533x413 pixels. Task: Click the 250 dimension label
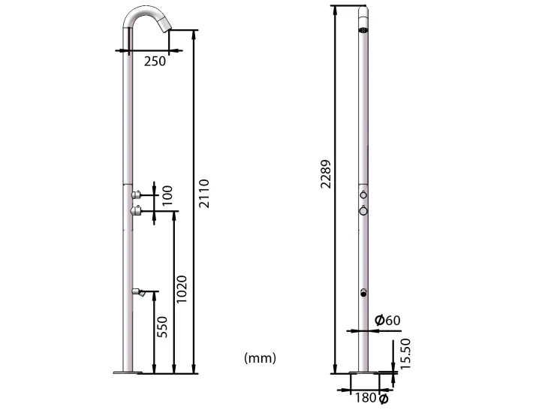155,61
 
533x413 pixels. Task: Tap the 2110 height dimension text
204,194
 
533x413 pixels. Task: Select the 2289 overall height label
326,174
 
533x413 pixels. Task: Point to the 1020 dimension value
182,289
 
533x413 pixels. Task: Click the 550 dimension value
162,327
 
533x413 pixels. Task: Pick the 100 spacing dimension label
167,195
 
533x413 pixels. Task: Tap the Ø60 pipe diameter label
387,320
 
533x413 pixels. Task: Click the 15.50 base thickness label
405,354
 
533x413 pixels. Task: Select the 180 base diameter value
366,398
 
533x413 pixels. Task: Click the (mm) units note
260,358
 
